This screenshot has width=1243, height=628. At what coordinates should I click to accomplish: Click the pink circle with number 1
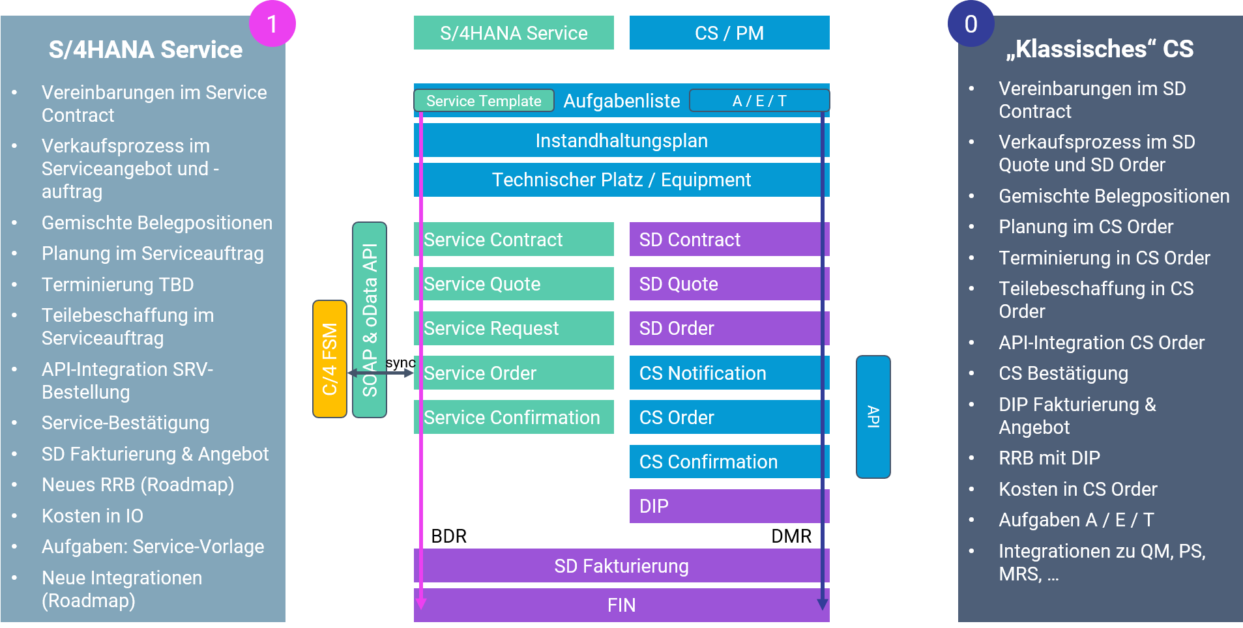pyautogui.click(x=272, y=24)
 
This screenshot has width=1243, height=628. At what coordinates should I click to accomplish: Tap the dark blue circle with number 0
pyautogui.click(x=971, y=24)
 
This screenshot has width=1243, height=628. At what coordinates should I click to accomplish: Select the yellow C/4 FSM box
pyautogui.click(x=330, y=359)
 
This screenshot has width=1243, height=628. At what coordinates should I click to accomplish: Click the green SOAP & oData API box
pyautogui.click(x=370, y=319)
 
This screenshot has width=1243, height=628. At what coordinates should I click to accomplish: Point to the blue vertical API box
pyautogui.click(x=873, y=417)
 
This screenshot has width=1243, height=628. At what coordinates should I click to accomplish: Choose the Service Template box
pyautogui.click(x=484, y=101)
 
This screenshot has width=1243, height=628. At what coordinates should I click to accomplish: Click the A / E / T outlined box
pyautogui.click(x=759, y=101)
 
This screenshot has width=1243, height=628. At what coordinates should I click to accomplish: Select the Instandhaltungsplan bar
pyautogui.click(x=621, y=141)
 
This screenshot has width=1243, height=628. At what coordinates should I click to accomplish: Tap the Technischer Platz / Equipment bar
pyautogui.click(x=621, y=180)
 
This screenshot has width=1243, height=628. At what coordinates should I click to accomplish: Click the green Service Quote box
pyautogui.click(x=514, y=284)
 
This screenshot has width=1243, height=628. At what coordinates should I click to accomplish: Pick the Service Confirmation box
pyautogui.click(x=514, y=418)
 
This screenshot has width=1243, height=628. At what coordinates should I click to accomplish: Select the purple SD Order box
pyautogui.click(x=729, y=328)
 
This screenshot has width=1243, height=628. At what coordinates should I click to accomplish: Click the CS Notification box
pyautogui.click(x=729, y=373)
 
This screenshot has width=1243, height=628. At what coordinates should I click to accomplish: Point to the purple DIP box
pyautogui.click(x=729, y=506)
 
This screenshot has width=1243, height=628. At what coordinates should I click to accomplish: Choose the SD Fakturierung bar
pyautogui.click(x=621, y=566)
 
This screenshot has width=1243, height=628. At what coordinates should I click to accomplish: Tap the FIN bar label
pyautogui.click(x=621, y=605)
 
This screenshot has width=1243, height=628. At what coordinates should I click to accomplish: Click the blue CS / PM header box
pyautogui.click(x=729, y=33)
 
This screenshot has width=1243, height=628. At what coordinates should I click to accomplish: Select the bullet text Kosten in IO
pyautogui.click(x=93, y=516)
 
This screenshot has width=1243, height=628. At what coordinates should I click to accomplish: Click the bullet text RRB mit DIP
pyautogui.click(x=1049, y=458)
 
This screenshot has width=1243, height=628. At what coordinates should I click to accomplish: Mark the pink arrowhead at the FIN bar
pyautogui.click(x=421, y=603)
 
